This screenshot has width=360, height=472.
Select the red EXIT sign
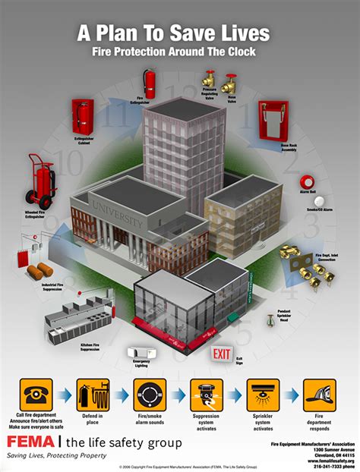click(222, 353)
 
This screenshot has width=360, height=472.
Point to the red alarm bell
click(307, 183)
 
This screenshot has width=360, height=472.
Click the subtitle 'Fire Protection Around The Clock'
click(180, 54)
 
